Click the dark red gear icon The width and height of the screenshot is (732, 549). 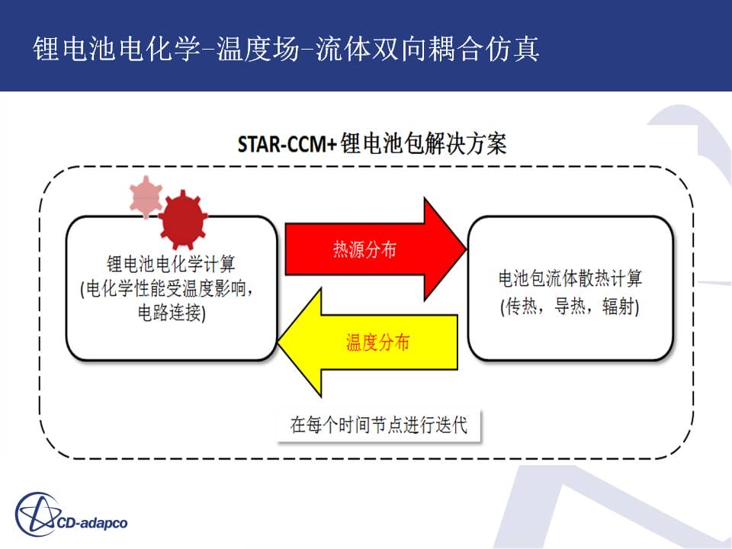point(183,219)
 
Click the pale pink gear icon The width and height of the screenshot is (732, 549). point(146,197)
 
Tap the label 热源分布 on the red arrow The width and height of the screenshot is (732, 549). point(364,249)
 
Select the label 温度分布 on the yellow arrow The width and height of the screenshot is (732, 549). point(377,342)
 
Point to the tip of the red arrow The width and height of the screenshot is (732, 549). point(467,249)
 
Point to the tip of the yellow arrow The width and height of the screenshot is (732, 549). point(278,343)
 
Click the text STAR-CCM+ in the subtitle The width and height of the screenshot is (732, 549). point(287,144)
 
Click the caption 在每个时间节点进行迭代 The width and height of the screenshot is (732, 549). point(379,425)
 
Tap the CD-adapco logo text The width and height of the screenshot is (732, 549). point(92,523)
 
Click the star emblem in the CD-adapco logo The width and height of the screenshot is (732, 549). point(37,515)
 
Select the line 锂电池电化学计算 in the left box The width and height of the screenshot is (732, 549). point(171,264)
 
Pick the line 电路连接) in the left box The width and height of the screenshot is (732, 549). point(172,313)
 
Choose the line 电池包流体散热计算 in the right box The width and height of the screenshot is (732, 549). point(570,278)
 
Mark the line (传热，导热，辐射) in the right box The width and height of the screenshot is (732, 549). point(570,307)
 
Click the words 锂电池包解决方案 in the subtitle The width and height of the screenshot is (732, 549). point(423,143)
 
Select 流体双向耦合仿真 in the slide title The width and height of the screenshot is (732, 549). point(428,49)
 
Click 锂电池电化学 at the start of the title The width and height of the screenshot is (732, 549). point(116,49)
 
